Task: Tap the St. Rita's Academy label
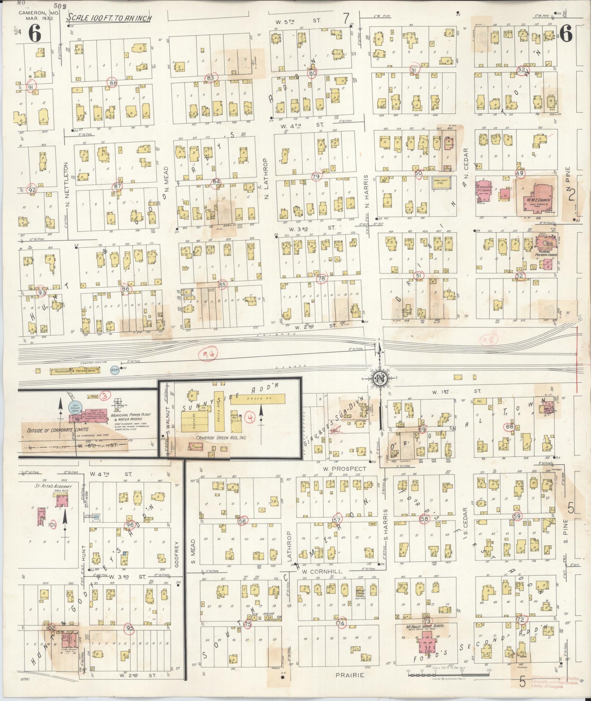tap(57, 486)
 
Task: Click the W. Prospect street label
tap(345, 469)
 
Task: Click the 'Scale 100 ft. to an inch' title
tap(109, 18)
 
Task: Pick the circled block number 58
tap(425, 519)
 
